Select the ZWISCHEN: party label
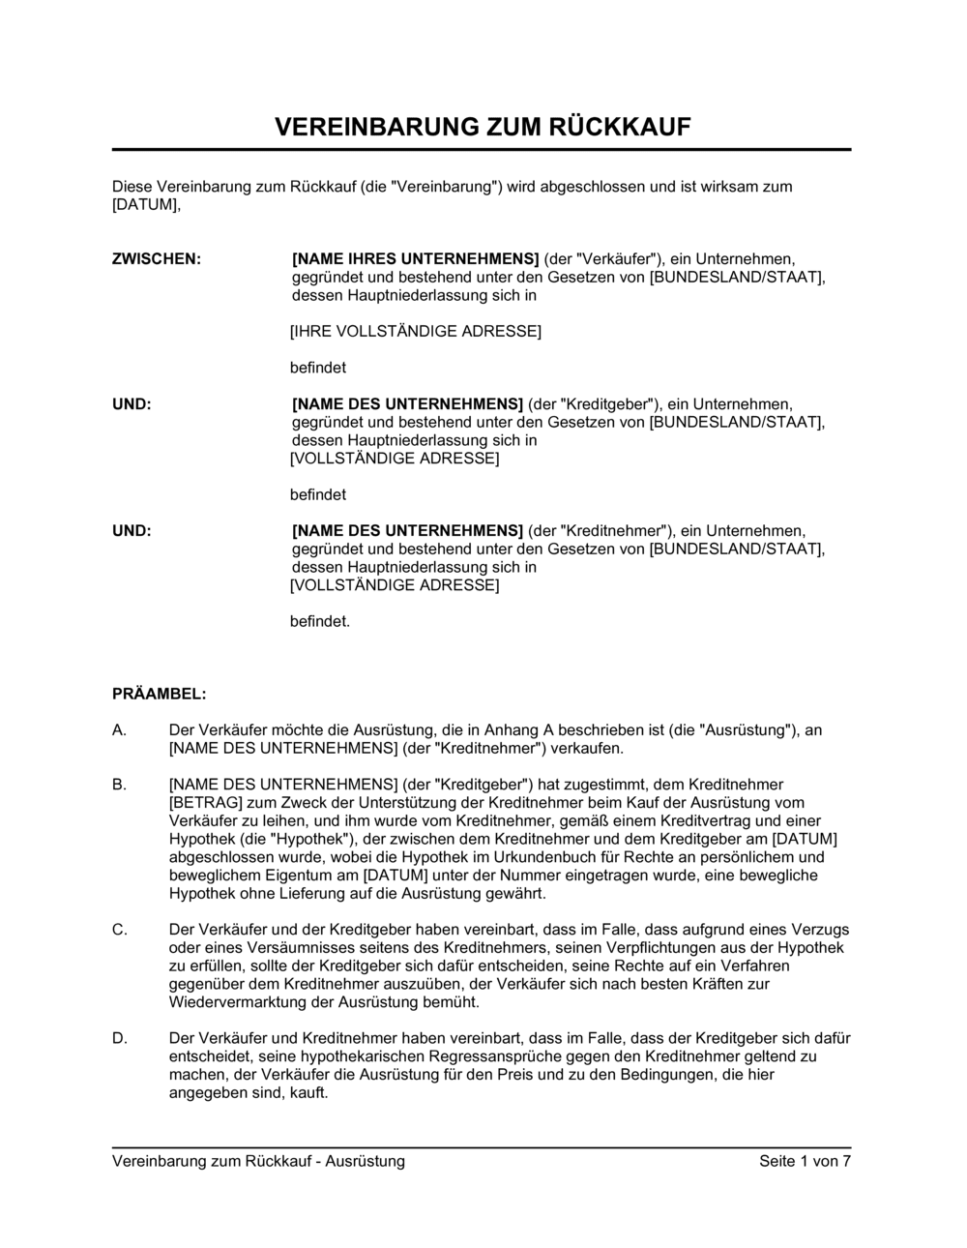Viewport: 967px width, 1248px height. coord(157,259)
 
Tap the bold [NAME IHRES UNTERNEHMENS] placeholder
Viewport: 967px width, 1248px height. coord(415,259)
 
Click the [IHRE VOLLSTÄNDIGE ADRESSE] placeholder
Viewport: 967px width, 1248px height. coord(416,332)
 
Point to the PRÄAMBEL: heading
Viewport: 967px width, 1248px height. coord(160,694)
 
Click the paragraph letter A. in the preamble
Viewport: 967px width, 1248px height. coord(120,730)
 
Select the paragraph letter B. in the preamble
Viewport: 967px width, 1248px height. coord(120,785)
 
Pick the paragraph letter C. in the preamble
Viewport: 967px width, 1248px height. coord(120,930)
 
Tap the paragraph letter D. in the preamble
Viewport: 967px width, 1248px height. coord(120,1038)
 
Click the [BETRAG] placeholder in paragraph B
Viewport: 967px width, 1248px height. coord(200,803)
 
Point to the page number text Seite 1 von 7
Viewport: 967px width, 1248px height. coord(805,1161)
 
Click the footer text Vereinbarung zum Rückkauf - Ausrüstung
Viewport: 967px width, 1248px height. coord(258,1161)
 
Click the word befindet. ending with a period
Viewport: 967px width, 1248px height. coord(320,621)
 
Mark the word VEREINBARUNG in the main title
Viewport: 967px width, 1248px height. coord(373,127)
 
